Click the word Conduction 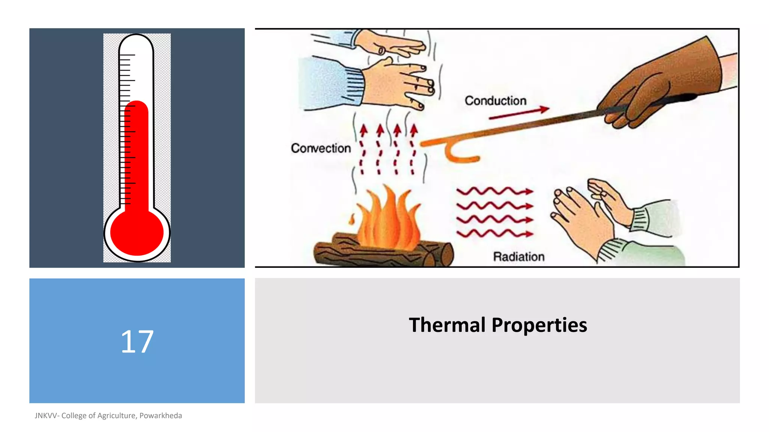[495, 100]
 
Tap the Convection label [321, 148]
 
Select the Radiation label [519, 256]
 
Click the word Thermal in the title [447, 325]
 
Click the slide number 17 [137, 342]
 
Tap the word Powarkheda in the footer [161, 415]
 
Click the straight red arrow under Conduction [519, 113]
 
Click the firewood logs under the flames [383, 253]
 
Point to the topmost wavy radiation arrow [495, 192]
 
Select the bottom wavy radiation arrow [495, 234]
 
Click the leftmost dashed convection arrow [363, 150]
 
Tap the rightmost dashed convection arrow [413, 150]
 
